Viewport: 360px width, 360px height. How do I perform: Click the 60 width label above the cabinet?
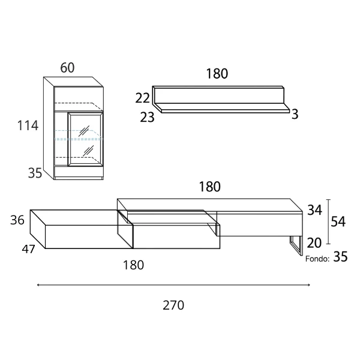tap(67, 68)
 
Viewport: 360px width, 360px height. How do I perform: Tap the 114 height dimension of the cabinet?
tap(28, 125)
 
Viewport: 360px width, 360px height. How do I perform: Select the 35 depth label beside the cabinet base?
tap(35, 173)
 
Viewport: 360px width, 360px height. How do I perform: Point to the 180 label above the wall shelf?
tap(217, 74)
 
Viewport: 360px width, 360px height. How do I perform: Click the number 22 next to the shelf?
tap(142, 98)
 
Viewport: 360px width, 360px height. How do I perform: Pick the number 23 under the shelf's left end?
tap(147, 118)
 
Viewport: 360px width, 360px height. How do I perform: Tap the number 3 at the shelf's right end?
tap(295, 114)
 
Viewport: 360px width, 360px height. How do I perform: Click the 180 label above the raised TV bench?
tap(209, 187)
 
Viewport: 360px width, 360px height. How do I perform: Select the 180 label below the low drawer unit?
tap(133, 265)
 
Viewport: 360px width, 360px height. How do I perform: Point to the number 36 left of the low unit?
tap(17, 220)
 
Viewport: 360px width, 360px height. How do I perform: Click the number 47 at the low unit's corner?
tap(28, 249)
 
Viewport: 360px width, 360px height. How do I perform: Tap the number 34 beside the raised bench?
tap(314, 210)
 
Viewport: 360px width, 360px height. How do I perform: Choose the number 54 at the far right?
tap(338, 222)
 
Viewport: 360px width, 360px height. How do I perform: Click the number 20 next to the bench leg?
tap(314, 243)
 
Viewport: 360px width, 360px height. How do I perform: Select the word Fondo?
tap(317, 259)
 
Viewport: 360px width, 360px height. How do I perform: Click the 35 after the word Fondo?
tap(340, 257)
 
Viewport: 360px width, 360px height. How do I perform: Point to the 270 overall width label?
tap(173, 305)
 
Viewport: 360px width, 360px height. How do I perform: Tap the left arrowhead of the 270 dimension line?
tap(38, 285)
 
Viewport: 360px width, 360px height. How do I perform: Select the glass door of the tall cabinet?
tap(85, 139)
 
